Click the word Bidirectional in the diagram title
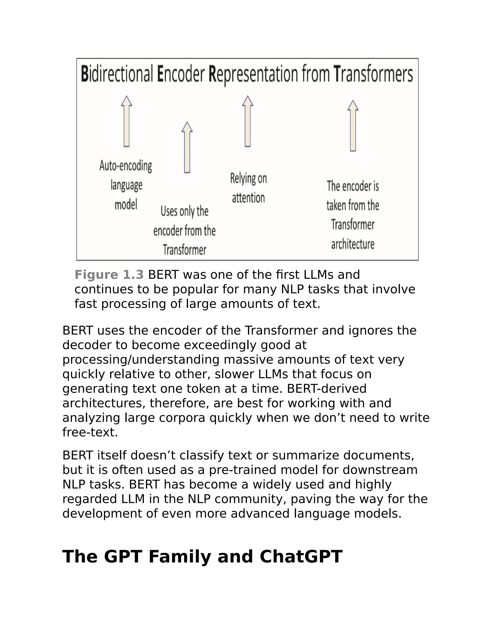pos(117,74)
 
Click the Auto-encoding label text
pos(126,166)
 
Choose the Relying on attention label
pos(248,188)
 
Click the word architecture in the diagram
pos(353,244)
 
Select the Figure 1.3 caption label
pos(109,275)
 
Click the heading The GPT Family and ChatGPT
pos(202,556)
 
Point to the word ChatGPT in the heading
pos(301,556)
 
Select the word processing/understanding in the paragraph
pos(141,360)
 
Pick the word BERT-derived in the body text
pos(327,389)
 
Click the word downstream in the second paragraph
pos(380,470)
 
